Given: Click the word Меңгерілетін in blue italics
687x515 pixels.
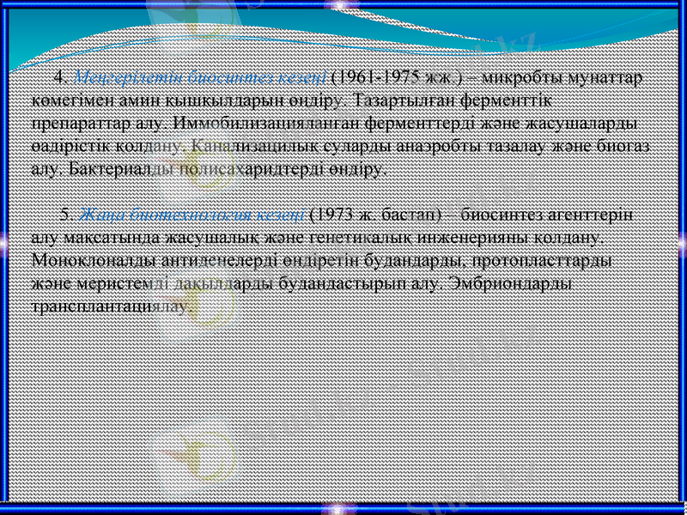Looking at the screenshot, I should [115, 77].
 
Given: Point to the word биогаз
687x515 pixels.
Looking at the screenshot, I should [627, 147].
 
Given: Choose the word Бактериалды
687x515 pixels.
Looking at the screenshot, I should [113, 170].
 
